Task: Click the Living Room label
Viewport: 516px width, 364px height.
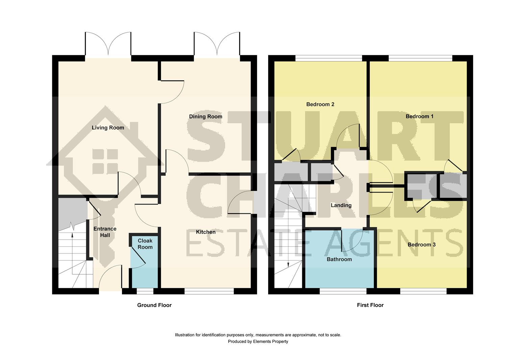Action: coord(108,128)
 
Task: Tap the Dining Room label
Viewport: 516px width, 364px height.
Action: coord(205,117)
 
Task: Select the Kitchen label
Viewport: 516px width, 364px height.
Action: coord(206,232)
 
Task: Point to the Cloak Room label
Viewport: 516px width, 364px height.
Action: coord(145,244)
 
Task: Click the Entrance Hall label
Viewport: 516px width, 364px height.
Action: coord(105,232)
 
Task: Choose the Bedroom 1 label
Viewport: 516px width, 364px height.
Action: coord(419,116)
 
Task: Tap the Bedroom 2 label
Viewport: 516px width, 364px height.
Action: coord(320,104)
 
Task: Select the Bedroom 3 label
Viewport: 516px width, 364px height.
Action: coord(421,245)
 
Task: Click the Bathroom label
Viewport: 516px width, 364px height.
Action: coord(339,260)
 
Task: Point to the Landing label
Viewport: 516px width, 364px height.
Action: coord(341,205)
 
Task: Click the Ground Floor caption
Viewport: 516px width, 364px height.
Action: coord(154,305)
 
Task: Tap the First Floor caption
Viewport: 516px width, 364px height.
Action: coord(370,305)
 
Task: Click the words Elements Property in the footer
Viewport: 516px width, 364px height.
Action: coord(271,341)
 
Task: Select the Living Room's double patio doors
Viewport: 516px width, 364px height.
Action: coord(108,45)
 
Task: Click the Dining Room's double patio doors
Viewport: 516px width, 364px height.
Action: coord(217,45)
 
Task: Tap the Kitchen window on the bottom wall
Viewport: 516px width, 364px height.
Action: coord(209,291)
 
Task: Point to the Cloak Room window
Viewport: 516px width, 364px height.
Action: coord(145,291)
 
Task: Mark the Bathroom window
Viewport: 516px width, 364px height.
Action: coord(343,291)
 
